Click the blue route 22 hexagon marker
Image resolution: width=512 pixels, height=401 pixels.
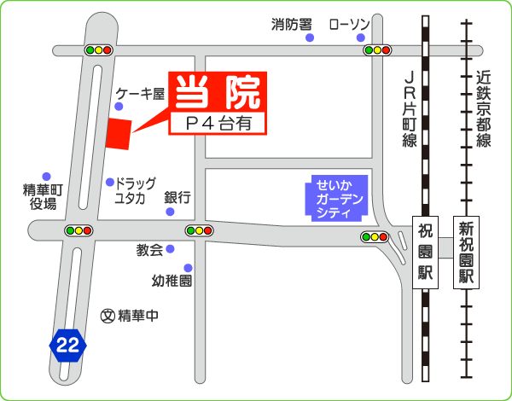click(69, 344)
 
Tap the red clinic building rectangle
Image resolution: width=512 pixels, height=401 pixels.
click(118, 134)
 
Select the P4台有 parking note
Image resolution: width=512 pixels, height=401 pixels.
click(219, 124)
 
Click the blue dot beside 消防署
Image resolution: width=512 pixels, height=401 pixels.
click(310, 38)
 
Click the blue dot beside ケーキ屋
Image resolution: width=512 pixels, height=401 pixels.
click(119, 107)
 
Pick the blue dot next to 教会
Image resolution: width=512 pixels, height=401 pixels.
click(170, 249)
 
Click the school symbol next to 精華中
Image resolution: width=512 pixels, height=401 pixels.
click(108, 315)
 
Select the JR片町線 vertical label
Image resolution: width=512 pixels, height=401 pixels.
click(410, 107)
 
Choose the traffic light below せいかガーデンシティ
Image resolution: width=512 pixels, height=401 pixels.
click(375, 237)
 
